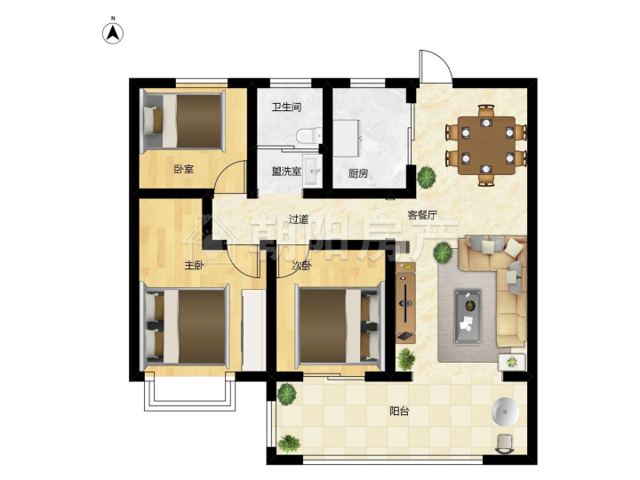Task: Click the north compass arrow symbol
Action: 113,33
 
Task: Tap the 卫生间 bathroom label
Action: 286,108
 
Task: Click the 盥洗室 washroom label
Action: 286,171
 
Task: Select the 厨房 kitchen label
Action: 358,173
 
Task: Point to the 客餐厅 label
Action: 423,215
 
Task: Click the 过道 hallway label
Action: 299,220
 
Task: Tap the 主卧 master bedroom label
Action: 195,266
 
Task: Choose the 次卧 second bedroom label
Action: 302,266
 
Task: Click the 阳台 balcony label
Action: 399,412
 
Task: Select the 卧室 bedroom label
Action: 184,169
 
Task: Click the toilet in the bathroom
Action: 308,135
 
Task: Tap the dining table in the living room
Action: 486,146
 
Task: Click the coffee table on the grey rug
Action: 468,316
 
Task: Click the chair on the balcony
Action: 505,444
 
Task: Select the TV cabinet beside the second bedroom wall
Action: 405,303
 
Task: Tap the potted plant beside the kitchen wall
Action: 427,177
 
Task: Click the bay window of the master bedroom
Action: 190,391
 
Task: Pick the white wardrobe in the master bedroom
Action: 253,330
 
